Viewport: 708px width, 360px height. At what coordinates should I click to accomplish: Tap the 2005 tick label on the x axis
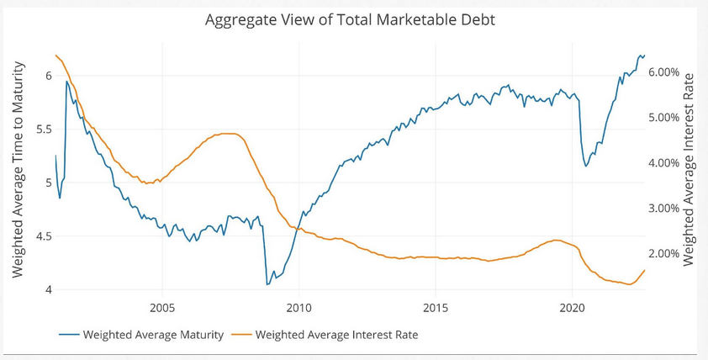tap(161, 307)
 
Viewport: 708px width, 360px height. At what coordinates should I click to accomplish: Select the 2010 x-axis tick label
tap(299, 307)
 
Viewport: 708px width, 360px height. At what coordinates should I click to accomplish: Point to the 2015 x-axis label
tap(435, 307)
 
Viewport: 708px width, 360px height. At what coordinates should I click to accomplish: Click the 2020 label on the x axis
tap(572, 307)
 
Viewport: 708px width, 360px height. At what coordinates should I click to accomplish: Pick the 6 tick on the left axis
tap(48, 76)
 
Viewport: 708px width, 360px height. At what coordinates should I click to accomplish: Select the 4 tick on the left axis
tap(48, 290)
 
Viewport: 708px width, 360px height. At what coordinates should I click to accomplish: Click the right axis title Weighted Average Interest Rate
tap(690, 169)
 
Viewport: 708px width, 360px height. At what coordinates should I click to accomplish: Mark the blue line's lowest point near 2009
tap(267, 284)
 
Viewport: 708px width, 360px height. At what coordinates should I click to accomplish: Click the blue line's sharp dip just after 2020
tap(586, 167)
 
